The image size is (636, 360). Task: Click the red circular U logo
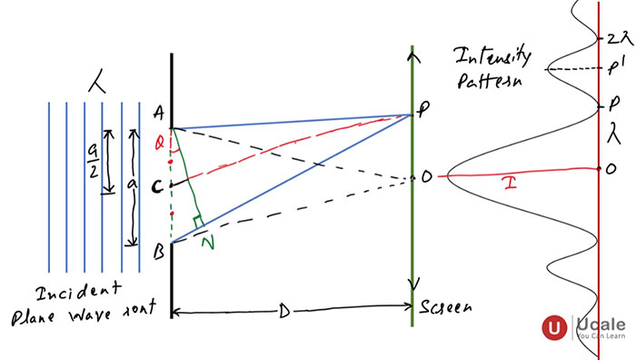(x=553, y=328)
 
